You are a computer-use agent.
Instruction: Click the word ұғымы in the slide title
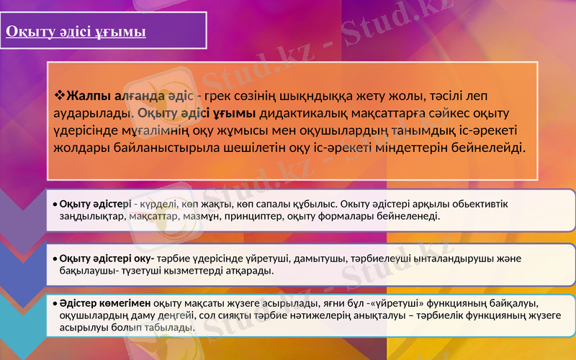[122, 32]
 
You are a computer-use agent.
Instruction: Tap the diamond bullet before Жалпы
[60, 96]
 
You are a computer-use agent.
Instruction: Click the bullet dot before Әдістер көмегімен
[55, 303]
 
